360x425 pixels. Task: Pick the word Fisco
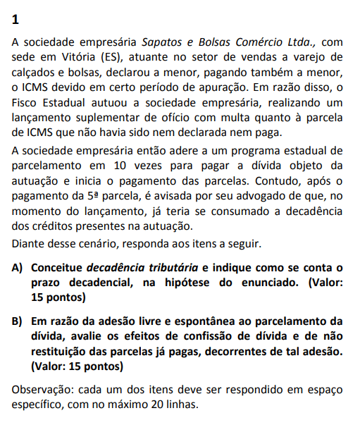point(27,105)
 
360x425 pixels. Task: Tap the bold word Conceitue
point(57,268)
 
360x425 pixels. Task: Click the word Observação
point(44,390)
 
